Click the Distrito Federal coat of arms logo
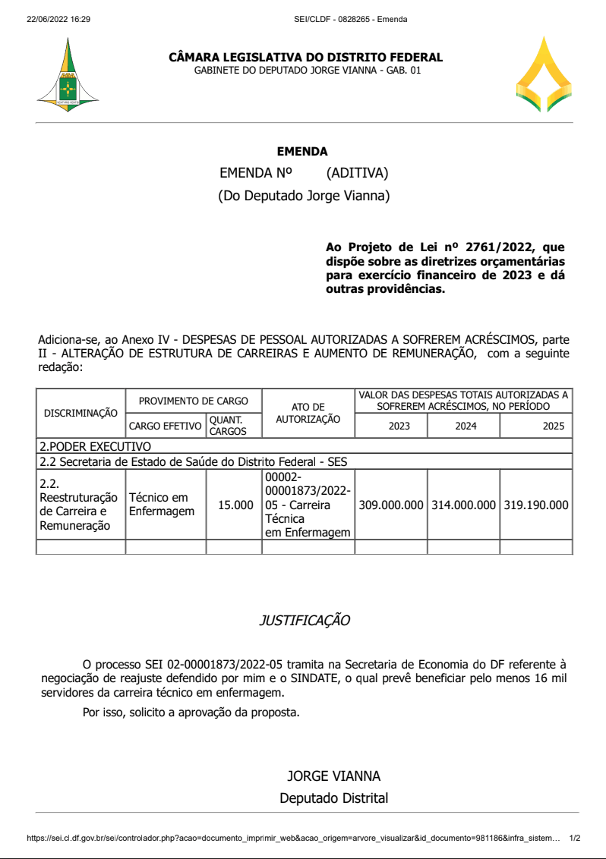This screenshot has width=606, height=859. point(68,76)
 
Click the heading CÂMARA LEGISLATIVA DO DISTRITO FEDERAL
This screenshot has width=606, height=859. point(306,58)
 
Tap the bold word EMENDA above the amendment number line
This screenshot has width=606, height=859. point(302,152)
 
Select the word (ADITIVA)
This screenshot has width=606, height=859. point(357,173)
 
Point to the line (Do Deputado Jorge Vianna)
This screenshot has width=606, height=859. point(304,196)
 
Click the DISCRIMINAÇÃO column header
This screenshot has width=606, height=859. point(80,414)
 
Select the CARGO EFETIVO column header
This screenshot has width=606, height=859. point(166,426)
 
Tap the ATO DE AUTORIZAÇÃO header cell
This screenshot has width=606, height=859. point(308,413)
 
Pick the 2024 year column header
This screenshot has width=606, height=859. point(466,426)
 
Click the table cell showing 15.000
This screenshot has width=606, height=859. point(235,505)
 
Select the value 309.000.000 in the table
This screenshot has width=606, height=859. point(391,505)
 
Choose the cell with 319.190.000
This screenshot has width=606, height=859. point(535,505)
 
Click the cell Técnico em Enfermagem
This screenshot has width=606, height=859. point(162,505)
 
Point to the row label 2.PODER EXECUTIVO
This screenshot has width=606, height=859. point(95,446)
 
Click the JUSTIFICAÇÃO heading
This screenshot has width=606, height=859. point(305,621)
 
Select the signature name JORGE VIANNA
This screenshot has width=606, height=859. point(333,776)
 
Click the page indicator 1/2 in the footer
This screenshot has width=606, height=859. point(575,839)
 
